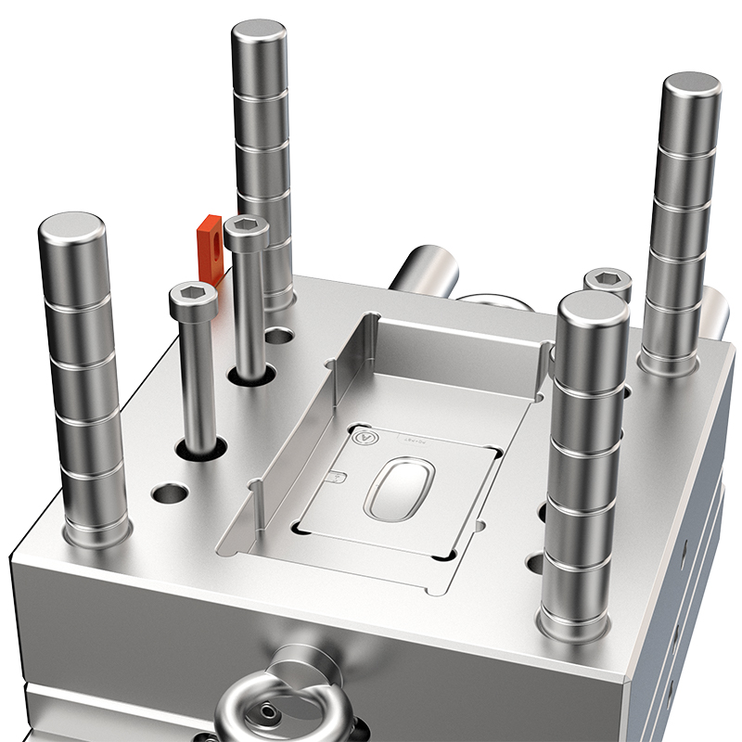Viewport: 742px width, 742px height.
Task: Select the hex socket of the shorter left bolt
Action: coord(193,294)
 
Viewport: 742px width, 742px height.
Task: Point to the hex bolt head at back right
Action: coord(608,279)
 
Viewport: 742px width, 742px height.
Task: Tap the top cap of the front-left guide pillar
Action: coord(72,226)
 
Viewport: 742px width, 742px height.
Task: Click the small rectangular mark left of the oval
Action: coord(338,477)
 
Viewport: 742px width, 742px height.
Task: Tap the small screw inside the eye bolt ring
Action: coord(269,712)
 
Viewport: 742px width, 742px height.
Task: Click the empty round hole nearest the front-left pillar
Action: coord(164,493)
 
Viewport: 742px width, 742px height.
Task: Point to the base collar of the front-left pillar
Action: coord(95,533)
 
